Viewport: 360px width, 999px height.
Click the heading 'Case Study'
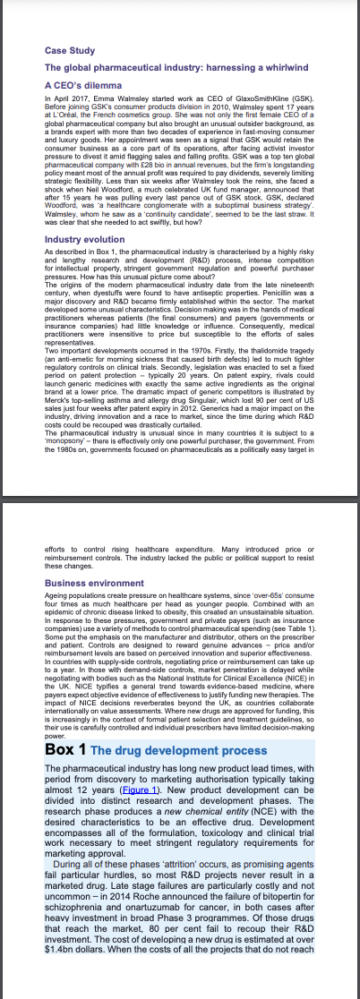tap(69, 50)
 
